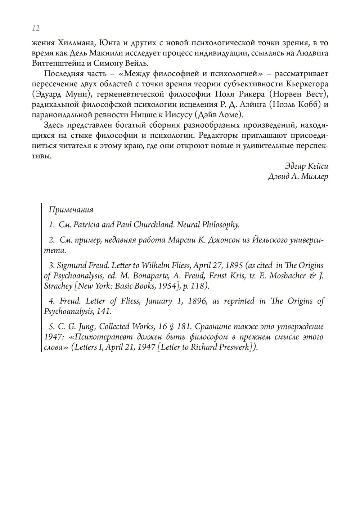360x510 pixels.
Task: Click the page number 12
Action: click(x=36, y=28)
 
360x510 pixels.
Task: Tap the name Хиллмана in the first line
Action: click(x=75, y=43)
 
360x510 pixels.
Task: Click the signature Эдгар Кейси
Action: click(x=306, y=166)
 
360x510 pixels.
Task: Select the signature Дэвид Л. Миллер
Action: click(x=298, y=177)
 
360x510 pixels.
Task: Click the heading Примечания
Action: click(x=71, y=210)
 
